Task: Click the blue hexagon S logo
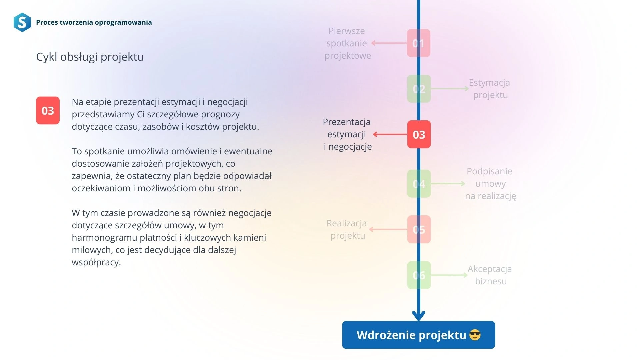(22, 22)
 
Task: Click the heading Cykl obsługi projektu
(90, 57)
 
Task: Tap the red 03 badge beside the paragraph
(48, 110)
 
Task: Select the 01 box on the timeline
(419, 43)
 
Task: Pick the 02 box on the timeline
(419, 89)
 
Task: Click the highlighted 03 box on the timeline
(419, 134)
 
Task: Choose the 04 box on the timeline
(419, 184)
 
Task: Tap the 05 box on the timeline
(419, 229)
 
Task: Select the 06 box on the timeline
(419, 275)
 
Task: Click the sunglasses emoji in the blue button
(475, 335)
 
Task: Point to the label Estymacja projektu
(490, 89)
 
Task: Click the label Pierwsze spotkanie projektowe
(347, 43)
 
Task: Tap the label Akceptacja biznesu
(490, 275)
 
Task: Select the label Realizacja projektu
(347, 229)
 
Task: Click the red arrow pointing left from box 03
(390, 134)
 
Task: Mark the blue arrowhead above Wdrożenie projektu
(419, 315)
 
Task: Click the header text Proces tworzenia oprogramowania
(94, 22)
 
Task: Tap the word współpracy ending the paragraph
(96, 263)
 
